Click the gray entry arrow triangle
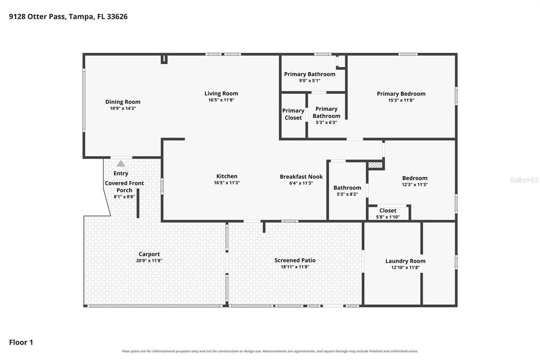click(x=121, y=164)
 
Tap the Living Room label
click(x=221, y=94)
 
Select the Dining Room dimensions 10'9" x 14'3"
click(x=123, y=108)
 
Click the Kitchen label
click(x=227, y=176)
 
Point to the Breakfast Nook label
click(x=301, y=177)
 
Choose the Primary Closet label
click(x=293, y=114)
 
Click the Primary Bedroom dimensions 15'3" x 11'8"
click(x=401, y=100)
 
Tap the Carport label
click(x=149, y=254)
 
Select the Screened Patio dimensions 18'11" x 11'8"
click(x=295, y=267)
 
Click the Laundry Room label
click(x=405, y=261)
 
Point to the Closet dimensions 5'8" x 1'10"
click(x=388, y=217)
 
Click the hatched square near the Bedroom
click(x=375, y=165)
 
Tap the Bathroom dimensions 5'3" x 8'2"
click(x=347, y=194)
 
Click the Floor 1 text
click(x=21, y=342)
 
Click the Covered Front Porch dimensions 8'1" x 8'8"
click(x=124, y=197)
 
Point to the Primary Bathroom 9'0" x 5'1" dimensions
click(x=310, y=81)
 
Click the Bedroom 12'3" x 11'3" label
click(x=415, y=181)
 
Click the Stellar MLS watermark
click(x=524, y=180)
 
